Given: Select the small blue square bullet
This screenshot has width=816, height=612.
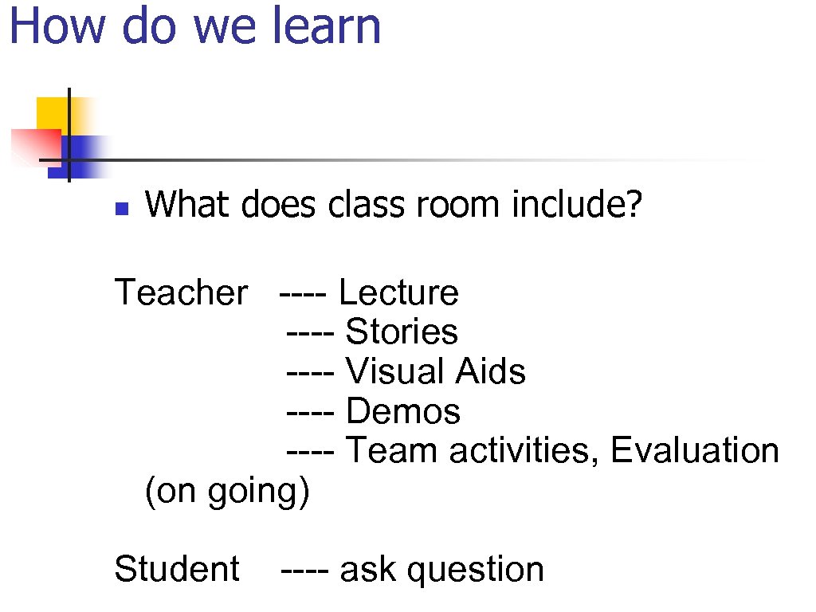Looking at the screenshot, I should (121, 210).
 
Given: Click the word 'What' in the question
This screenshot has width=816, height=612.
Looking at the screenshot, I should (188, 205).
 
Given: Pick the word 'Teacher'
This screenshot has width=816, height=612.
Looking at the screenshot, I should (181, 292).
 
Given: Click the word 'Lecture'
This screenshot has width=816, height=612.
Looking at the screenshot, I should (398, 292).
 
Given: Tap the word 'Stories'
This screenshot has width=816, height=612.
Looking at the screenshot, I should (402, 331).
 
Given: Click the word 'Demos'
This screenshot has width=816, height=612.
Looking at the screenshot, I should (403, 411).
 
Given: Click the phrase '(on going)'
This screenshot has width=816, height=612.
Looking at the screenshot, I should (226, 492).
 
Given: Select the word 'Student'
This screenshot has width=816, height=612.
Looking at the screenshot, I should (176, 569).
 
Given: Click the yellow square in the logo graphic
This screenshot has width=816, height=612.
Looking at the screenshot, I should (51, 112).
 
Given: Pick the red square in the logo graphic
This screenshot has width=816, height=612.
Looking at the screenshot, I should (32, 146).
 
